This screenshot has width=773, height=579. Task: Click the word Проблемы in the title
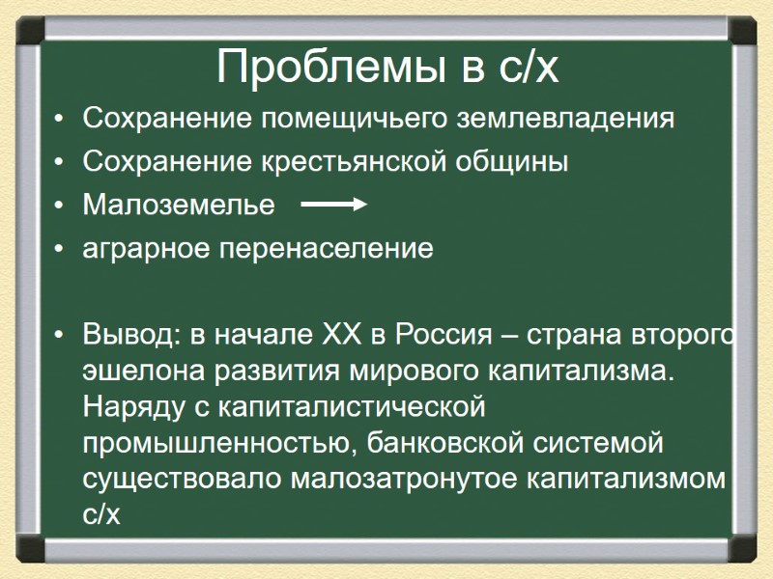pyautogui.click(x=316, y=67)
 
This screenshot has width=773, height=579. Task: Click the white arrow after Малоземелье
pyautogui.click(x=333, y=205)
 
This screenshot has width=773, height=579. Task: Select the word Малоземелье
pyautogui.click(x=179, y=206)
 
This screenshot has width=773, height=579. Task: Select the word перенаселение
pyautogui.click(x=328, y=249)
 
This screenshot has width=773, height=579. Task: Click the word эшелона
pyautogui.click(x=141, y=371)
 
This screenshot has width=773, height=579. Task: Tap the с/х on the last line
pyautogui.click(x=100, y=514)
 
